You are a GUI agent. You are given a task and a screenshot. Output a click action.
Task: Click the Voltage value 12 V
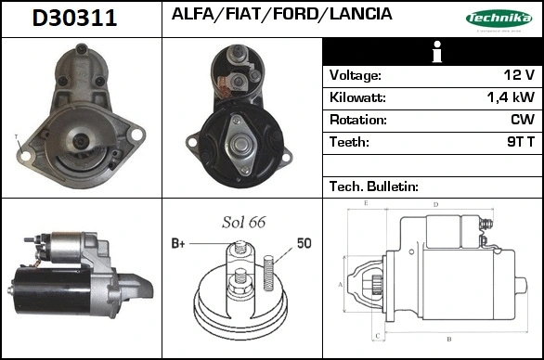point(516,75)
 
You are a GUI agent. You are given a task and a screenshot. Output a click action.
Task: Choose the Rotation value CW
point(522,120)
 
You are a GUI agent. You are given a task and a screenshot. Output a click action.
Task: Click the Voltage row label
point(356,75)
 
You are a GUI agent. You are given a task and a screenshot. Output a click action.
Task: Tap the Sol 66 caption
point(244,224)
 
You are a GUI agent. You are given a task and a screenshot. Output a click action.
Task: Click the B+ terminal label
point(178,243)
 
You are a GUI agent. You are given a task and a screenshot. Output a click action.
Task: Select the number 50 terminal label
point(304,243)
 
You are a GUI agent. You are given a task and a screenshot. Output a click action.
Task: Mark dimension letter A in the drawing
point(340,284)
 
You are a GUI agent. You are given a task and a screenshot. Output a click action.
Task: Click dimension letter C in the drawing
point(376,335)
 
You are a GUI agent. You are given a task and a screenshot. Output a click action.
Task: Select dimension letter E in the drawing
point(366,202)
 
